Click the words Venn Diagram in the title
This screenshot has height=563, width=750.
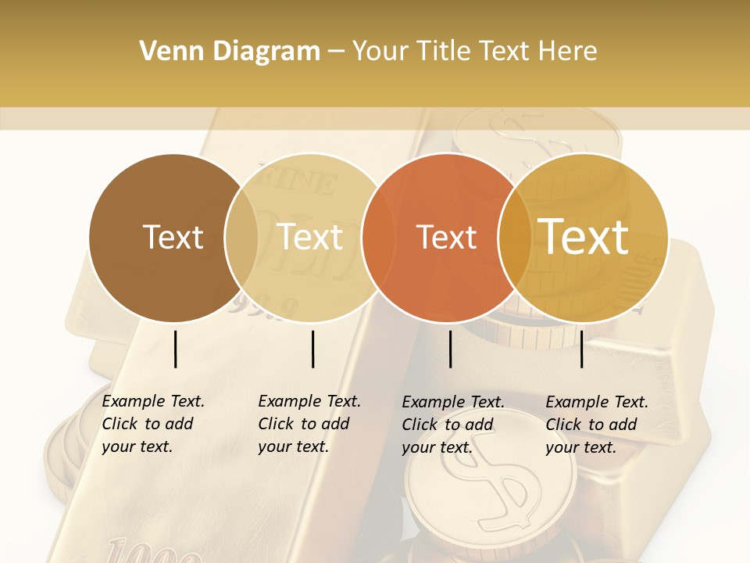tap(229, 52)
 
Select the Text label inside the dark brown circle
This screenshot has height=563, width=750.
tap(173, 237)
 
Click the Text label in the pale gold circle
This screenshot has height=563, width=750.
tap(310, 237)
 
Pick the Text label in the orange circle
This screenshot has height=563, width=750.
tap(447, 237)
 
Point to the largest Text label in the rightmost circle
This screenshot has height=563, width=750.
tap(584, 237)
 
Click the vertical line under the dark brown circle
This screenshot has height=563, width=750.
tap(176, 349)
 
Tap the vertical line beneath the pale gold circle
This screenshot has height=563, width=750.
tap(312, 349)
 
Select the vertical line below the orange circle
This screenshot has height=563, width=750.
tap(451, 349)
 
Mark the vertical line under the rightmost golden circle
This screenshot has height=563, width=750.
tap(581, 349)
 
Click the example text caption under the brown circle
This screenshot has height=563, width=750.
tap(153, 424)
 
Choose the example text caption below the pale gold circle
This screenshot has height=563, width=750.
tap(309, 424)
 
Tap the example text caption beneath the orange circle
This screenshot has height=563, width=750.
tap(453, 425)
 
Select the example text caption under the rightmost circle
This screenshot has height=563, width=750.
tap(597, 425)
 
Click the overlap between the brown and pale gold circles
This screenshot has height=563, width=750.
tap(241, 237)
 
